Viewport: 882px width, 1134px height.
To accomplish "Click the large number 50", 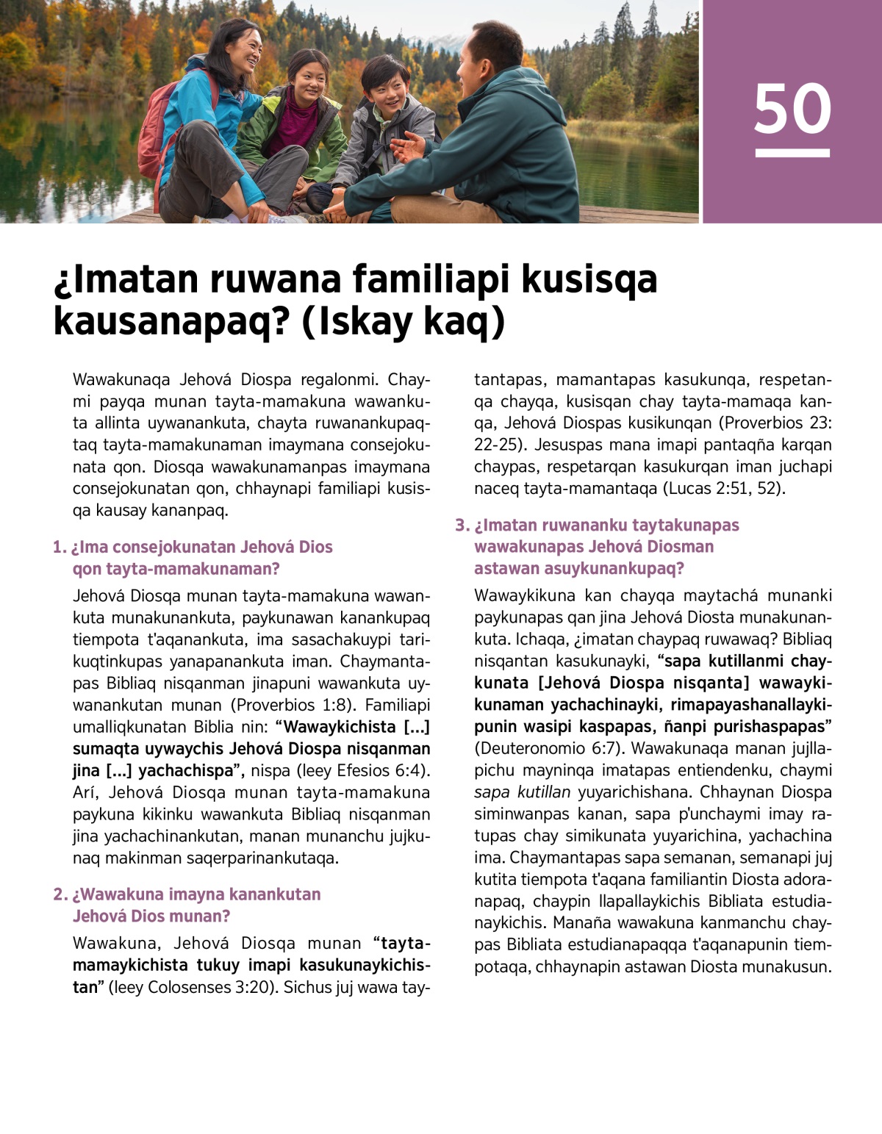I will (x=792, y=109).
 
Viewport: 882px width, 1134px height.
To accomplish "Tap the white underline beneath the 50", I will (x=792, y=153).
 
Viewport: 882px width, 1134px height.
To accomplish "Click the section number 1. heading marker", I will (x=60, y=547).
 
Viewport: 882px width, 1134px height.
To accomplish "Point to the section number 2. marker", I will (x=60, y=894).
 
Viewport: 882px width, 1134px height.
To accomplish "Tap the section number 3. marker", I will (x=462, y=525).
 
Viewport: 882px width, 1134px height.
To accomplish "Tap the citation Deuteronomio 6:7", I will (x=549, y=748).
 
